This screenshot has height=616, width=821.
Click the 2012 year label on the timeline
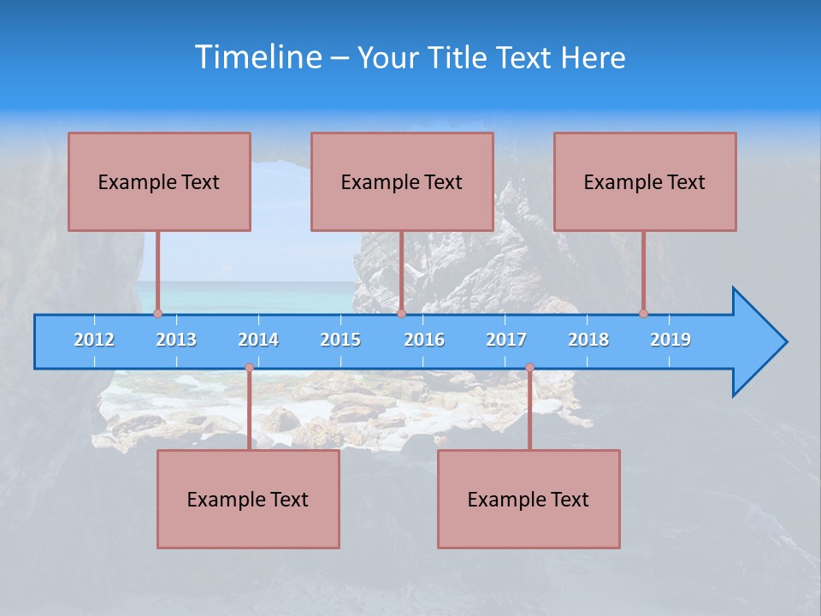coord(94,340)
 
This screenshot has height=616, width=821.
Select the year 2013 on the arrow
coord(176,340)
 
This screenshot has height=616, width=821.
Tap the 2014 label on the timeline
coord(258,340)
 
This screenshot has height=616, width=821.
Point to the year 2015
coord(340,340)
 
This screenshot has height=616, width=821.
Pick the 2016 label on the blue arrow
coord(424,340)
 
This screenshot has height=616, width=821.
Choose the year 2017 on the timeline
coord(506,340)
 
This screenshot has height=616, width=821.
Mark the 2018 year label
coord(588,340)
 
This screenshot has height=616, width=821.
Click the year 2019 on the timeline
coord(670,340)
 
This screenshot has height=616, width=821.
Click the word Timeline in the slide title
coord(258,57)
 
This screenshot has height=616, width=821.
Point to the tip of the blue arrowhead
coord(785,342)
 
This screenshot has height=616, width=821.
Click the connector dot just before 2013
coord(157,313)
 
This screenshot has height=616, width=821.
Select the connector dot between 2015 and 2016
coord(401,313)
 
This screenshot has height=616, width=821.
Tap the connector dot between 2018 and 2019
coord(643,313)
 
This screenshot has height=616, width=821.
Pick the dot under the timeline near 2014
coord(249,368)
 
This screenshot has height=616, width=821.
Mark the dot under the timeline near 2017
coord(529,368)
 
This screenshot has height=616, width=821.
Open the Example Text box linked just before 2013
coord(159,181)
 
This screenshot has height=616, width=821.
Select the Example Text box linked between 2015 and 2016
coord(402,181)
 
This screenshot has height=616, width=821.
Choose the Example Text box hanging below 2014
coord(248,499)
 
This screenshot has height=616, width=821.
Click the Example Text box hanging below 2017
coord(529,499)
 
